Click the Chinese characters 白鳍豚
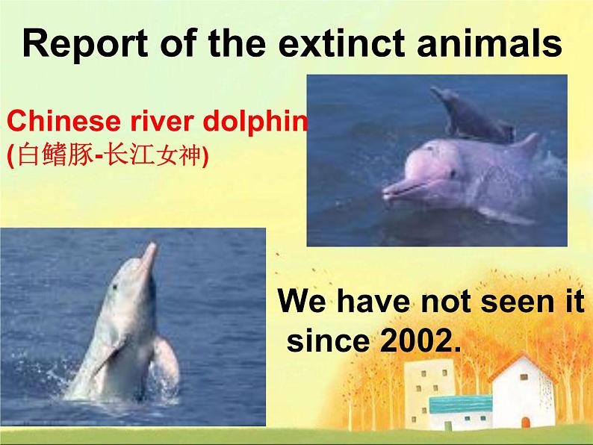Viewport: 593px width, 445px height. pyautogui.click(x=55, y=155)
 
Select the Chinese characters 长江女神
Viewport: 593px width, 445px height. pyautogui.click(x=154, y=155)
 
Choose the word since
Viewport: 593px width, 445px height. pyautogui.click(x=328, y=340)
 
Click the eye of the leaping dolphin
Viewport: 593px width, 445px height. pyautogui.click(x=114, y=287)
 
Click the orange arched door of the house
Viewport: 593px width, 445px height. pyautogui.click(x=525, y=422)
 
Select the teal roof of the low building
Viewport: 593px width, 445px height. pyautogui.click(x=461, y=404)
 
